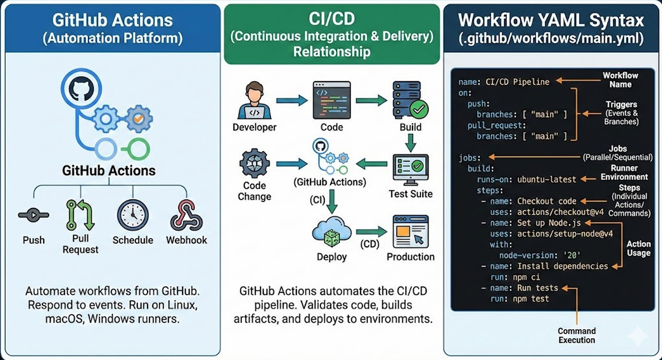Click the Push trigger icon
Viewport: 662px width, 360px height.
pyautogui.click(x=33, y=215)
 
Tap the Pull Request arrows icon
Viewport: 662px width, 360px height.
pyautogui.click(x=80, y=215)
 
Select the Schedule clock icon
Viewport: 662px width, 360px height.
pyautogui.click(x=133, y=215)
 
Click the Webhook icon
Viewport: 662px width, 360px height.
pyautogui.click(x=186, y=215)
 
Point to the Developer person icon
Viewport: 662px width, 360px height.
pyautogui.click(x=254, y=101)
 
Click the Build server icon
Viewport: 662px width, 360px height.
pyautogui.click(x=410, y=100)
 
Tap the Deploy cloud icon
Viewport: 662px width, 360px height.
pyautogui.click(x=332, y=232)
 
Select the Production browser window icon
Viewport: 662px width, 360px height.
pyautogui.click(x=410, y=232)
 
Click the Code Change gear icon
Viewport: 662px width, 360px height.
pyautogui.click(x=254, y=163)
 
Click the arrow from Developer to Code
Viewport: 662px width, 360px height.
pyautogui.click(x=292, y=101)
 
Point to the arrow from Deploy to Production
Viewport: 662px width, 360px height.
pyautogui.click(x=371, y=232)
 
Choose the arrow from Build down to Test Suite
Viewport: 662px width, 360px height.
pyautogui.click(x=410, y=143)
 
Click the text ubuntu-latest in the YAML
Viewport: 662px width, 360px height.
pyautogui.click(x=547, y=180)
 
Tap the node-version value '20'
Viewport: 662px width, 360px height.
pyautogui.click(x=572, y=255)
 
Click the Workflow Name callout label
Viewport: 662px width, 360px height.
pyautogui.click(x=620, y=80)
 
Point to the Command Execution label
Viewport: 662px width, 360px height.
pyautogui.click(x=576, y=335)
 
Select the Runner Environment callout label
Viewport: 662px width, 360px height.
pyautogui.click(x=624, y=172)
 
